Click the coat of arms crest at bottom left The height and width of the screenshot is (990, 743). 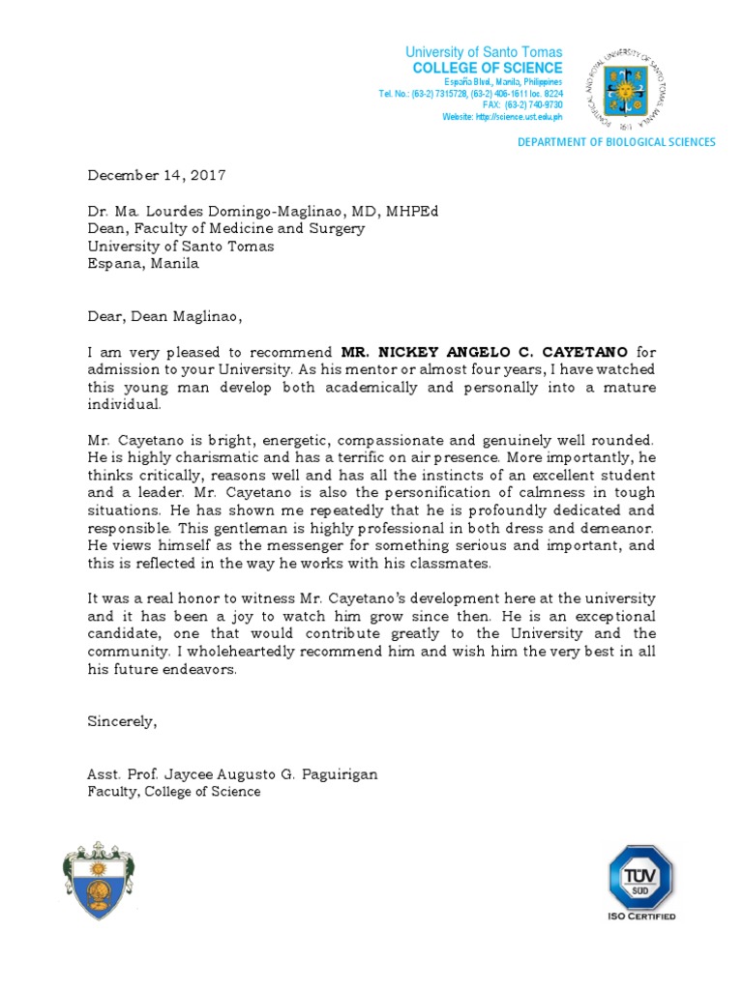click(x=97, y=880)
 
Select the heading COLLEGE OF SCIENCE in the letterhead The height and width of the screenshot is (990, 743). click(x=487, y=68)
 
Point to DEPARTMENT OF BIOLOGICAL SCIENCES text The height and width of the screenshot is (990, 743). click(x=616, y=142)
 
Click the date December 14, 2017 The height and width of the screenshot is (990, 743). click(x=157, y=175)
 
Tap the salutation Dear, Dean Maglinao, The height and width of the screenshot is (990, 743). click(x=162, y=315)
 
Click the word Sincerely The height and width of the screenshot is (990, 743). click(x=122, y=720)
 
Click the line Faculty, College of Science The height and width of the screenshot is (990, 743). click(x=174, y=792)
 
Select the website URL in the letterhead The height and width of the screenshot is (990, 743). click(x=501, y=117)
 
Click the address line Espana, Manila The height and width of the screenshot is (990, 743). click(x=143, y=263)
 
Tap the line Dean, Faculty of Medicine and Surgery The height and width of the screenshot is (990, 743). click(x=226, y=228)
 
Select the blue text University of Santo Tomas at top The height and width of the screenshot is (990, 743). click(x=483, y=52)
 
